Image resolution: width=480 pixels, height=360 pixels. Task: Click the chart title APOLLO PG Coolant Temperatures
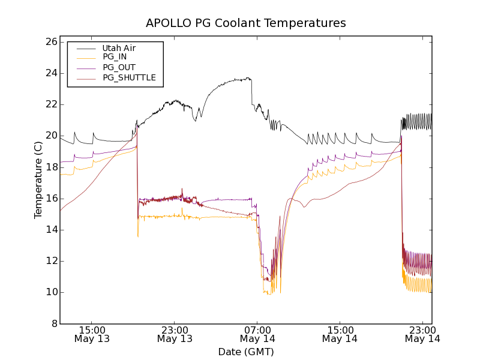click(x=246, y=23)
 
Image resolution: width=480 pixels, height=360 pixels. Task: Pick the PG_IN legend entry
click(x=115, y=57)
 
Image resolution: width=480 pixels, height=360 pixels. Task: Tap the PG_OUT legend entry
click(x=119, y=67)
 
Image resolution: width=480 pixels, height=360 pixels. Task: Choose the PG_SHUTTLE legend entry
click(x=129, y=77)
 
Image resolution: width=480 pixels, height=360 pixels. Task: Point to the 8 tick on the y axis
click(x=53, y=323)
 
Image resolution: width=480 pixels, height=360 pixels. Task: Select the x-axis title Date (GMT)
click(x=246, y=352)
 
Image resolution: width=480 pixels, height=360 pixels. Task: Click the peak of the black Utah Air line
click(x=248, y=78)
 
